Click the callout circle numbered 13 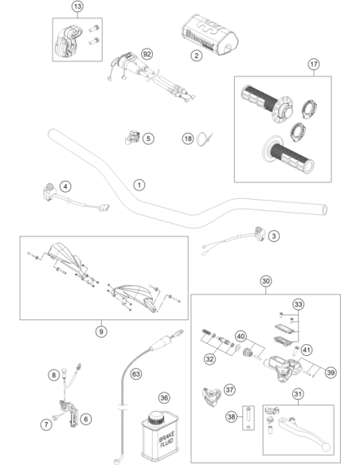[77, 6]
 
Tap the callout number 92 [147, 54]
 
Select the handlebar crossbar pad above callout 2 [209, 34]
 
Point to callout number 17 [314, 64]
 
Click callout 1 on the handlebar [139, 185]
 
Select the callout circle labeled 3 [273, 236]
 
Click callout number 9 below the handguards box [101, 331]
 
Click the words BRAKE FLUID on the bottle [166, 440]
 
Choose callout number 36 [164, 397]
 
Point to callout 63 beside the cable [136, 374]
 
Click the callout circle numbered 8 [53, 375]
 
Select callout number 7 [46, 424]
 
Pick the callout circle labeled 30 [266, 281]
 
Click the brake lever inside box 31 [304, 432]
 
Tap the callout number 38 [231, 416]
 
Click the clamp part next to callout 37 [211, 397]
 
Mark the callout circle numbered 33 [299, 304]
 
